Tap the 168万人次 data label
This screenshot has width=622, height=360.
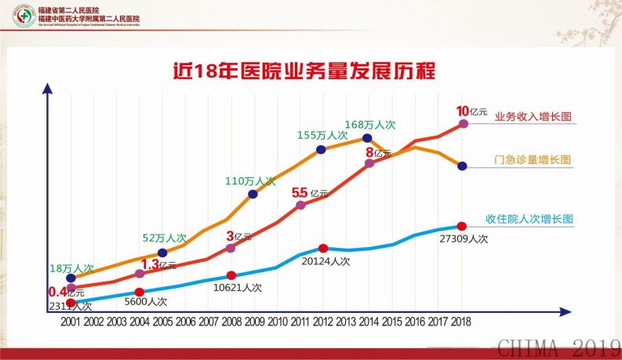point(370,124)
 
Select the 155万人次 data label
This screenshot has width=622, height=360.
point(322,135)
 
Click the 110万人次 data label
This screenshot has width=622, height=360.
point(251,180)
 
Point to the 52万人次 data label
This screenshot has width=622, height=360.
point(165,238)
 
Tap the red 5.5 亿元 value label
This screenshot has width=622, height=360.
point(309,193)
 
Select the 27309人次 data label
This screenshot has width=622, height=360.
point(464,238)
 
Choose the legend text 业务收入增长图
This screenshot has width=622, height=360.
point(532,116)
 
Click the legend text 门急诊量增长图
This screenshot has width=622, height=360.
point(532,160)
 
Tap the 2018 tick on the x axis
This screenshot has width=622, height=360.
point(460,321)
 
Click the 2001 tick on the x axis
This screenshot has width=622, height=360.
point(71,321)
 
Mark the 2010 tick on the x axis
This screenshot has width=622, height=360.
point(277,321)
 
